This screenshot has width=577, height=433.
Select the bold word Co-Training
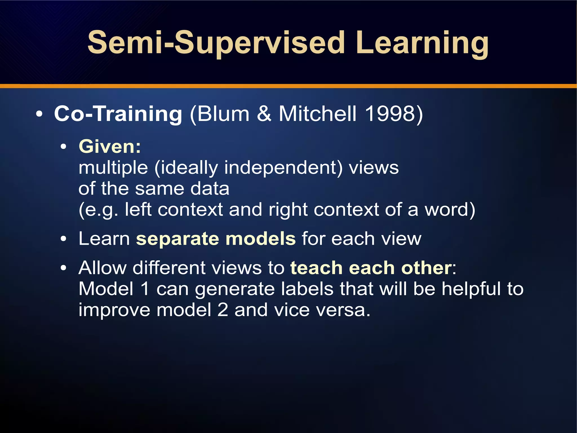118,114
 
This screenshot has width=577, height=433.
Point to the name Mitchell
318,114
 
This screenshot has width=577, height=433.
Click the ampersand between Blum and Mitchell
264,114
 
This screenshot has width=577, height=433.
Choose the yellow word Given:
110,147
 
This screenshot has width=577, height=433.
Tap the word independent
283,168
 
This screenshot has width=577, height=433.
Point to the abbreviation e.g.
101,210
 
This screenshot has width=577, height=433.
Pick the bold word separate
177,239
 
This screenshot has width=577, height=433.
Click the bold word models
261,239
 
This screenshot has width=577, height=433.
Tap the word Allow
103,268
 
